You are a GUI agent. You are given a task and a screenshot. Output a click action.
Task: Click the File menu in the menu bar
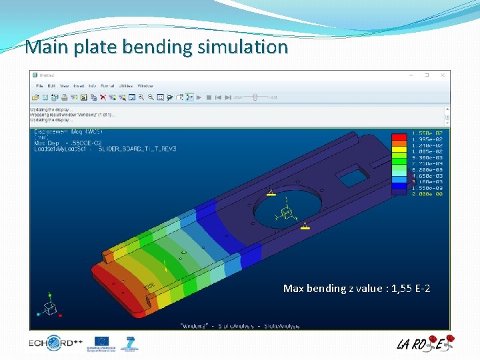click(40, 86)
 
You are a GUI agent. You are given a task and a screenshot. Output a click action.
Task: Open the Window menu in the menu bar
click(145, 86)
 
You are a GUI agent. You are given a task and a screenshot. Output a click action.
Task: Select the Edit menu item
click(52, 86)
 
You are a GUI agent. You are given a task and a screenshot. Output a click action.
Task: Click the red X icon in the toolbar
click(103, 97)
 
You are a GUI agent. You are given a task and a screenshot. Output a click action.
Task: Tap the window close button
click(442, 75)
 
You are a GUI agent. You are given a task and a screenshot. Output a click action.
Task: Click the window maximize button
click(427, 75)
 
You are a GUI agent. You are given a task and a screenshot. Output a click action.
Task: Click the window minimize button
click(411, 75)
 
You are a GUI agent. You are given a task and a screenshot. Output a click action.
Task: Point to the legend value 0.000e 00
click(427, 194)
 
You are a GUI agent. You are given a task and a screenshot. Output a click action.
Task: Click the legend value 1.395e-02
click(427, 139)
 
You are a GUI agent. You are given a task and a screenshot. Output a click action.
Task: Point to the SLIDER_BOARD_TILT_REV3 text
click(137, 149)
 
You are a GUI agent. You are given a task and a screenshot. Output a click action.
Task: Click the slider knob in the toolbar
click(255, 97)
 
